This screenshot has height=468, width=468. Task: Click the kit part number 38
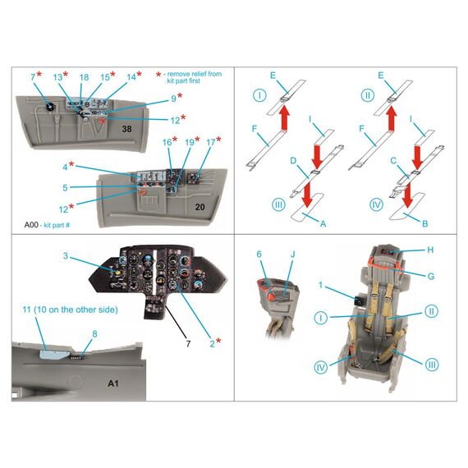pos(126,129)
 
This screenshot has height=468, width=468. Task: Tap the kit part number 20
pos(200,207)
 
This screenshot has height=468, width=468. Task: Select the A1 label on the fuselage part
pos(112,383)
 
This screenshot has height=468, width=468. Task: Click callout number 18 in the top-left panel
pos(85,77)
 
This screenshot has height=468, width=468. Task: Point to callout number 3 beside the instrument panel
pos(66,256)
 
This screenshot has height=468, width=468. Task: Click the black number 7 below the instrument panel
pos(188,344)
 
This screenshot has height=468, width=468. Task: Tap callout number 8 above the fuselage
pos(94,334)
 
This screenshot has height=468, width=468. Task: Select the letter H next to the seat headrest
pos(430,250)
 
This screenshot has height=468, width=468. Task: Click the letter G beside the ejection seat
pos(431,277)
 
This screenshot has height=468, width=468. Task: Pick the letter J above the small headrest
pos(293,255)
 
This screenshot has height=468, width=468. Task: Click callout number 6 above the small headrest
pos(259,255)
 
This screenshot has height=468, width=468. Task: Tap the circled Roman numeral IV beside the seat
pos(321,367)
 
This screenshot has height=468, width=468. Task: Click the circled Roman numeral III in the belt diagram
pos(278,204)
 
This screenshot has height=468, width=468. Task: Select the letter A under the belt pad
pos(323,223)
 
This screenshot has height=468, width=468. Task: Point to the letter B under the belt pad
pos(425,223)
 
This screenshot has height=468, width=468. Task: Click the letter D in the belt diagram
pos(293,161)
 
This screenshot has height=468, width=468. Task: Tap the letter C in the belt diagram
pos(393,161)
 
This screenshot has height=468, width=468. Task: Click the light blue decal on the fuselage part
pos(53,354)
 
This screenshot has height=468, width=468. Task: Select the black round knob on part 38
pos(50,107)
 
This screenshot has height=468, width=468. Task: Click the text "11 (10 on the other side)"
pos(70,310)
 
